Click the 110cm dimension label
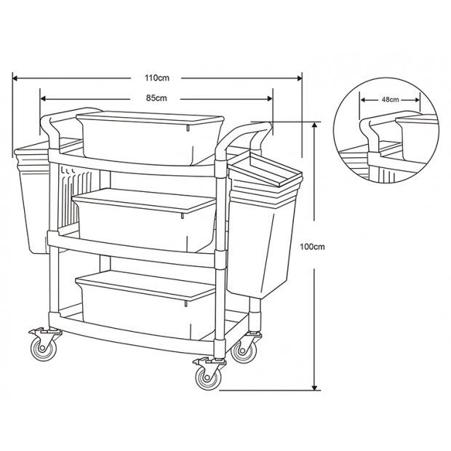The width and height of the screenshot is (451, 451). coord(156,78)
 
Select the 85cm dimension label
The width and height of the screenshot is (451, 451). coord(156,98)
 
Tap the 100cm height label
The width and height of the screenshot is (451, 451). coord(312,247)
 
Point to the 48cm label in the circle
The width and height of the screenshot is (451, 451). coord(390,100)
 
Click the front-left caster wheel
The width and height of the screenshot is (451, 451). coord(44,348)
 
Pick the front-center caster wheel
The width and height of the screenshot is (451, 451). coord(207,378)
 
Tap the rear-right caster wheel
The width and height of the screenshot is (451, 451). coord(244,351)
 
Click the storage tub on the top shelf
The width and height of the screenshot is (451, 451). coord(150,138)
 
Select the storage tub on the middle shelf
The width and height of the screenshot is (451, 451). coord(144,220)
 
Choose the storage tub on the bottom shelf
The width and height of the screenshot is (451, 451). coord(145,305)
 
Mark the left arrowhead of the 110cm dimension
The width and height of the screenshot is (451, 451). coord(16,78)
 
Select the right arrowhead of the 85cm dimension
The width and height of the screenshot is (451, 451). coord(269,99)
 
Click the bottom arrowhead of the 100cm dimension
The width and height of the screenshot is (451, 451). coord(315,388)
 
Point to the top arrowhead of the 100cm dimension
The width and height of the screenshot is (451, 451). coord(315,125)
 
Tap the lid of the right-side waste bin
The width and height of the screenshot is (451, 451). coord(265,172)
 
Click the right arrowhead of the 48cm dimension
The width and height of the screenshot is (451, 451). coord(418,100)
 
